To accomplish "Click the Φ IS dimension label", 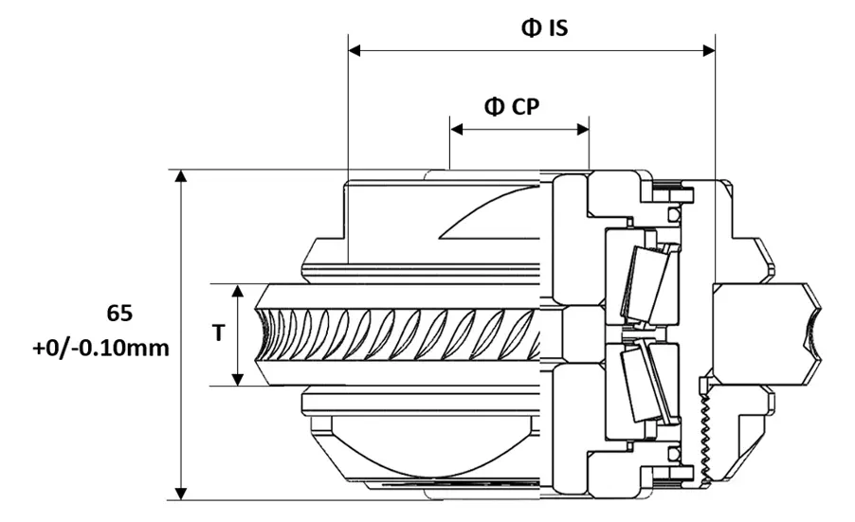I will coord(544,27).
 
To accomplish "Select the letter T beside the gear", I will coord(218,333).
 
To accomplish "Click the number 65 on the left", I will coord(121,312).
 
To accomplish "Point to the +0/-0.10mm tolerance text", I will coord(100,348).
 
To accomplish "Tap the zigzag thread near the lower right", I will coord(705,432).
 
